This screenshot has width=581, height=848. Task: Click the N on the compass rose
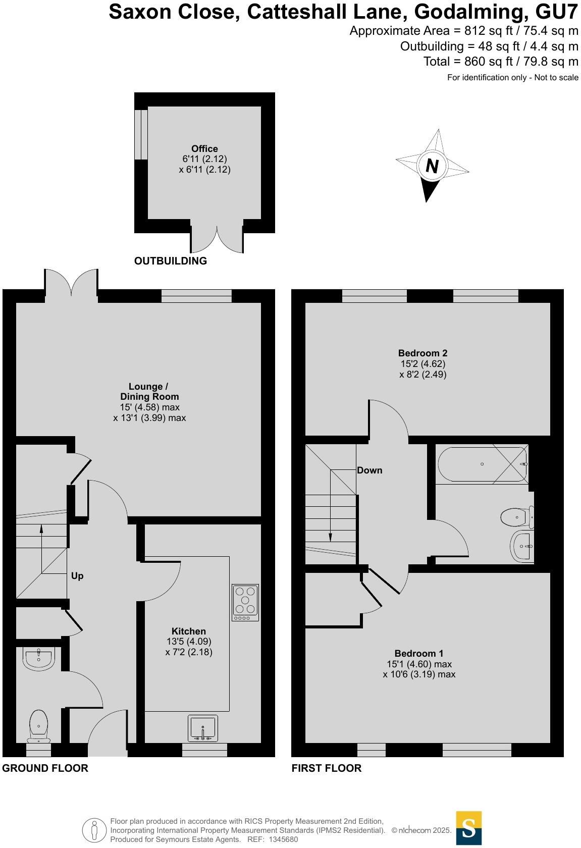point(432,166)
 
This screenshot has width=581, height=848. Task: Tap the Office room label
point(204,148)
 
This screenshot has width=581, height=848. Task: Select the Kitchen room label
point(189,631)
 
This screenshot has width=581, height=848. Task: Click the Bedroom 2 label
point(422,353)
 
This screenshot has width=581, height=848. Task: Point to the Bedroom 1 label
point(419,653)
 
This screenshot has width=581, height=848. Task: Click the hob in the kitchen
point(245,602)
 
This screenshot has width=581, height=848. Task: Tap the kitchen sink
point(203,728)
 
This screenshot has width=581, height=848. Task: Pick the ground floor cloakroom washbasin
point(38,659)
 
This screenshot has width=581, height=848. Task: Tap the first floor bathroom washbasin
point(522,546)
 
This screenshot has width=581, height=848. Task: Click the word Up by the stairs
point(77,576)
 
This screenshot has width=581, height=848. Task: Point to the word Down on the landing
point(369,470)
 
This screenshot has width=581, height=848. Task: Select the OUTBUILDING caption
point(171,261)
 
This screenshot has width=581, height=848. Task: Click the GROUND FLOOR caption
point(45,768)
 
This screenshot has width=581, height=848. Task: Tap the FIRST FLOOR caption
point(327,768)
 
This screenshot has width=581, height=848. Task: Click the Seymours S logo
point(468,828)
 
